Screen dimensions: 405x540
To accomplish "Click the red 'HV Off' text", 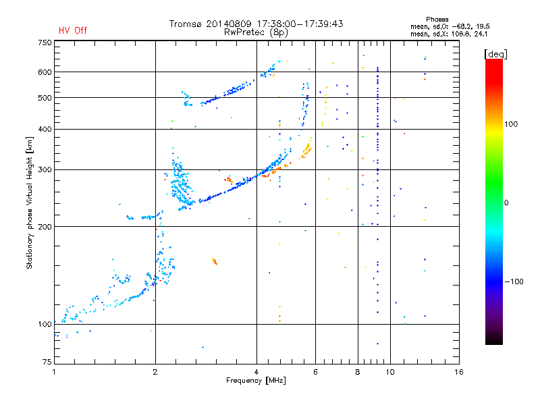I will [x=72, y=30].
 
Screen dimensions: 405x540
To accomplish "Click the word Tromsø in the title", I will [x=187, y=24].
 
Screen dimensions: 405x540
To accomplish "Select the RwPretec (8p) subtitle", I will [x=256, y=32].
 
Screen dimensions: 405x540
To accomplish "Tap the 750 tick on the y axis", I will [x=44, y=42].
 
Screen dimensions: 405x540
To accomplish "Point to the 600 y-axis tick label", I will [x=44, y=72].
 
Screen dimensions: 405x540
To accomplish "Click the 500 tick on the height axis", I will [x=44, y=98].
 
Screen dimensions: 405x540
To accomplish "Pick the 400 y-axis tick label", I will [x=44, y=129].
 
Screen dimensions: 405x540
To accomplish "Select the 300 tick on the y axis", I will [x=44, y=169].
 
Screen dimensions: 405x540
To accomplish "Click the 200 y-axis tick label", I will [x=44, y=226].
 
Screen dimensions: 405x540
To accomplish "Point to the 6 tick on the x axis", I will [x=315, y=372].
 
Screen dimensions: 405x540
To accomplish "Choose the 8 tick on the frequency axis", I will [x=358, y=372].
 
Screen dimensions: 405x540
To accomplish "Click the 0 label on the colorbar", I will [x=511, y=202].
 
